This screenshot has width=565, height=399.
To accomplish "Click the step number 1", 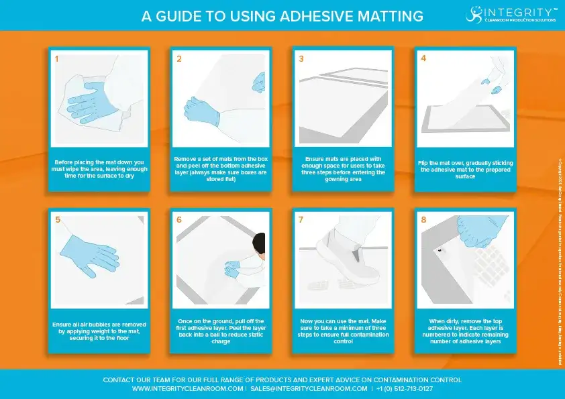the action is (57, 59).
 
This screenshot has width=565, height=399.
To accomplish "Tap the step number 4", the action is (423, 58).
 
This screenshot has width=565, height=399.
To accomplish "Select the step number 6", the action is (179, 219).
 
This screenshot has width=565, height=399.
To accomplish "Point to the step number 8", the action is (423, 219).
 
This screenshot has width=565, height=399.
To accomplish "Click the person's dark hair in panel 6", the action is (260, 245).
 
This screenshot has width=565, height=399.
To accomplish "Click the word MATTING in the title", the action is (389, 15).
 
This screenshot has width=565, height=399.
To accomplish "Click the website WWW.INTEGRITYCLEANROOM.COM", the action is (187, 389).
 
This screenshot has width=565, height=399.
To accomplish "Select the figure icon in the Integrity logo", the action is (474, 13).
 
